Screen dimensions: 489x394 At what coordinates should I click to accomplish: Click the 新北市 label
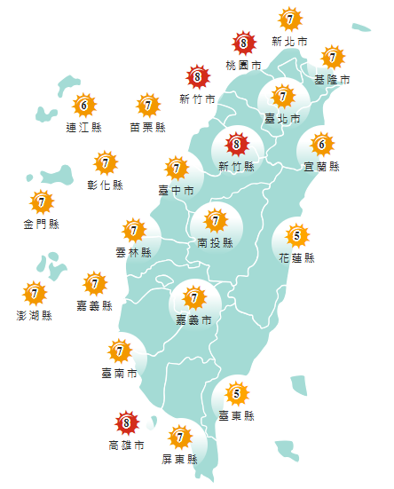(289, 42)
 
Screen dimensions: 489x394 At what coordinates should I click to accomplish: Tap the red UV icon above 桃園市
(244, 42)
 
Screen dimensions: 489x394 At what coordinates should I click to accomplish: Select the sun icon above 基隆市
(332, 58)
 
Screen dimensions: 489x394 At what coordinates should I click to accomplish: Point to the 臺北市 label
(282, 118)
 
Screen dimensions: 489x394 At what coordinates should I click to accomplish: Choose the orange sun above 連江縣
(83, 106)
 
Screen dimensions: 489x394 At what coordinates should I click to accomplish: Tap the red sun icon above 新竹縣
(236, 142)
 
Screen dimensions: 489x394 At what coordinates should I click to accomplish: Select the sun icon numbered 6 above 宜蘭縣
(321, 143)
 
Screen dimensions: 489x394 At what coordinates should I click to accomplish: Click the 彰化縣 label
(106, 185)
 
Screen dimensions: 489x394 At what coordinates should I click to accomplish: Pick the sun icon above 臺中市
(176, 167)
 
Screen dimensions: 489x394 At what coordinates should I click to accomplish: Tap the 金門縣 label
(41, 224)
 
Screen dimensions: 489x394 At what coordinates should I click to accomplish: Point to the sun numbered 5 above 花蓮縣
(296, 235)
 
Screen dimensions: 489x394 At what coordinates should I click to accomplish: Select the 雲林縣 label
(133, 252)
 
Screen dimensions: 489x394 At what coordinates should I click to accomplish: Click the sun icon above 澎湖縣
(34, 292)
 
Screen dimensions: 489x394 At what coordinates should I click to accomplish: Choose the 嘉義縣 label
(94, 305)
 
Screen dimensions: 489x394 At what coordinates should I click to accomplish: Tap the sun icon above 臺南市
(119, 351)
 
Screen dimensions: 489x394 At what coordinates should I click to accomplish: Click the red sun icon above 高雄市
(126, 423)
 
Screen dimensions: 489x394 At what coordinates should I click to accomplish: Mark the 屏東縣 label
(180, 459)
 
